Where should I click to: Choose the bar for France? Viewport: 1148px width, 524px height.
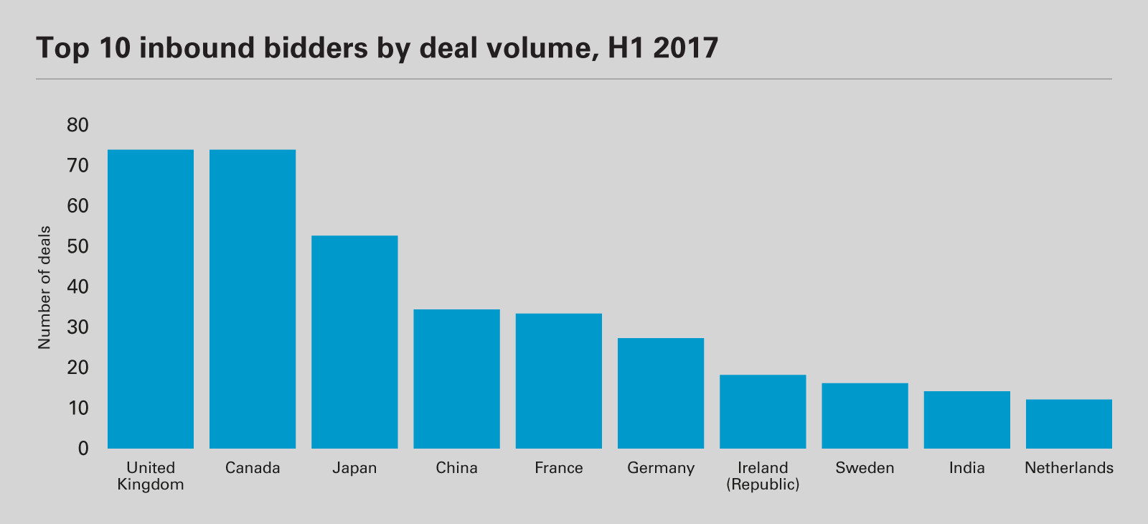click(559, 381)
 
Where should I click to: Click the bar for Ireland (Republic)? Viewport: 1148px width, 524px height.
click(763, 412)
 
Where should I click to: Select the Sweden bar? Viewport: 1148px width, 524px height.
click(865, 416)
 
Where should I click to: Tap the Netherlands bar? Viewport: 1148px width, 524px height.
click(1069, 424)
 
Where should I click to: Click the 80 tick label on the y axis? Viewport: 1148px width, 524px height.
click(77, 126)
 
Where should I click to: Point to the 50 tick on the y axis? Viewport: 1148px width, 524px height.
click(77, 247)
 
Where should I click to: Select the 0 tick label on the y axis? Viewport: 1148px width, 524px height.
click(83, 449)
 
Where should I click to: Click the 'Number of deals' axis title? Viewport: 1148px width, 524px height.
click(44, 287)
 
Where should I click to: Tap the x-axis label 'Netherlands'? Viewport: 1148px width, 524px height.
click(1069, 469)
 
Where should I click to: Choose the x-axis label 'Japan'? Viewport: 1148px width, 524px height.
click(354, 469)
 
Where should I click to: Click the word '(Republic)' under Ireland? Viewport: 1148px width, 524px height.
click(763, 485)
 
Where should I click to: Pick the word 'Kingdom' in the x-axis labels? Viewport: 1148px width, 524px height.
click(151, 485)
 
